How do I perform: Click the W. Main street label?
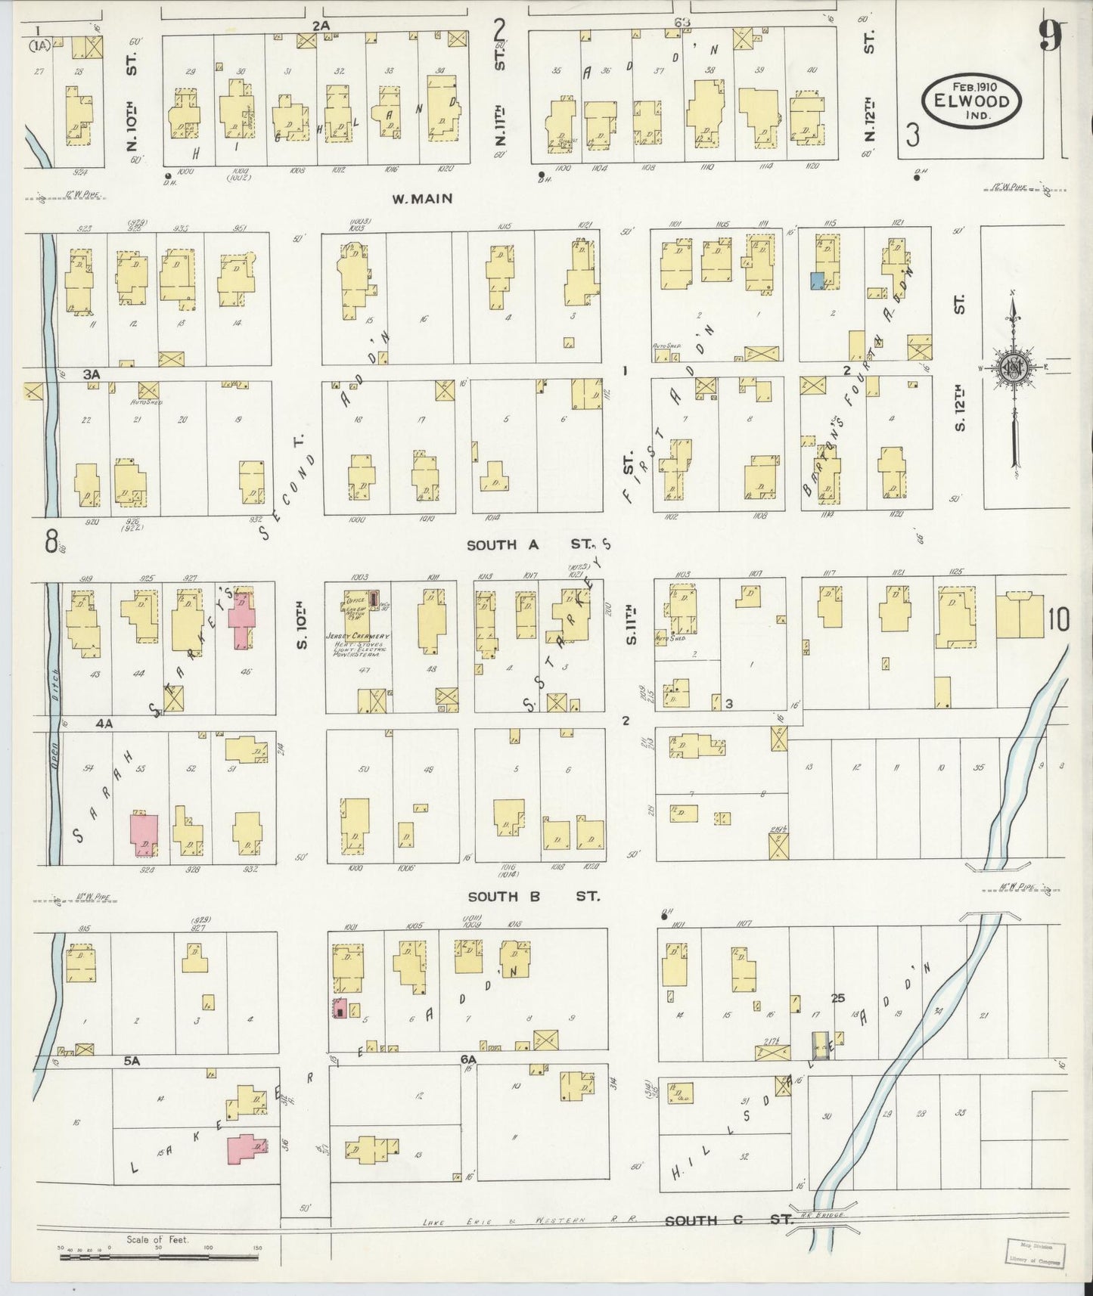click(x=422, y=199)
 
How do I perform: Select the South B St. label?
click(x=533, y=896)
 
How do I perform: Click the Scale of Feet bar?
click(x=160, y=1257)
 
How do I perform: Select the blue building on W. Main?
click(x=817, y=281)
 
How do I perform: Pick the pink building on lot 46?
click(x=242, y=620)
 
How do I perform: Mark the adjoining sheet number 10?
click(x=1058, y=620)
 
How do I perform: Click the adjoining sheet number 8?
click(x=51, y=541)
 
